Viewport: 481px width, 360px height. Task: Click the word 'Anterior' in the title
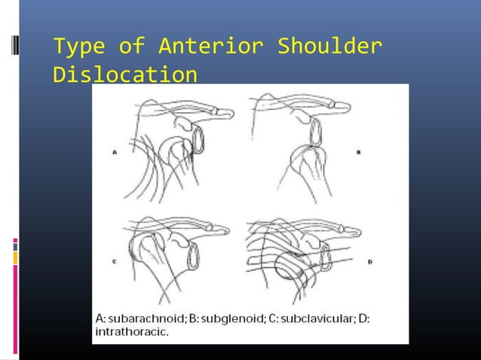pos(210,48)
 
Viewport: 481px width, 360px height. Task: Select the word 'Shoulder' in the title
pos(329,48)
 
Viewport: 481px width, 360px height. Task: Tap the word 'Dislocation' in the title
pos(126,75)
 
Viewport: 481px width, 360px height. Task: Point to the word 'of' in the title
pos(130,48)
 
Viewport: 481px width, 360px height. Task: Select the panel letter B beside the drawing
pos(359,151)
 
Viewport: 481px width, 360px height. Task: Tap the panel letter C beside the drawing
pos(115,262)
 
